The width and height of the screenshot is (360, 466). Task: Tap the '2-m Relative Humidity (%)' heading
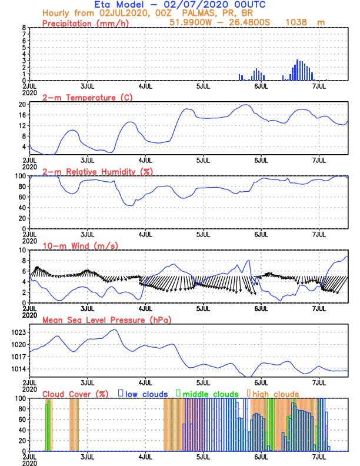coord(96,171)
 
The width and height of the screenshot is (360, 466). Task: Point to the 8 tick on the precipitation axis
coord(24,28)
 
